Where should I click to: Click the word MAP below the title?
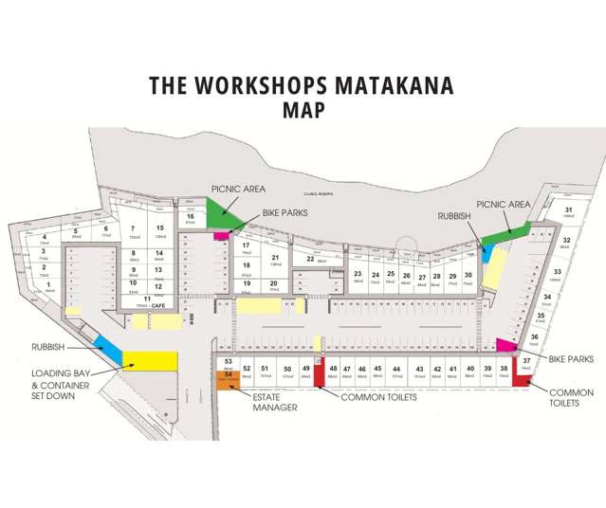(303, 110)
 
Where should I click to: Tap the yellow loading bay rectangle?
(149, 360)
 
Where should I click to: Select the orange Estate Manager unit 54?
(229, 376)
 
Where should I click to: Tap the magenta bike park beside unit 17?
(221, 235)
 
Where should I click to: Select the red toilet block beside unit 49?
(320, 372)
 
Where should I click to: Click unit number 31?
(568, 210)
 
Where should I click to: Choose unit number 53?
(229, 361)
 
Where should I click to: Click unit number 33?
(558, 272)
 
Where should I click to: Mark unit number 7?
(134, 228)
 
